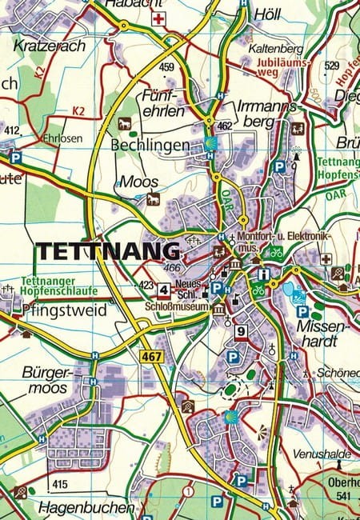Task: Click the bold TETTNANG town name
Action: coord(107,250)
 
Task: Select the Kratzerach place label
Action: coord(49,46)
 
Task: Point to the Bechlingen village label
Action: coord(151,146)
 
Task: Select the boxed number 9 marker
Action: coord(240,330)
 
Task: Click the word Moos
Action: coord(138,182)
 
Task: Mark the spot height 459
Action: coord(166,66)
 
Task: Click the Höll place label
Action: coord(267,15)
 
